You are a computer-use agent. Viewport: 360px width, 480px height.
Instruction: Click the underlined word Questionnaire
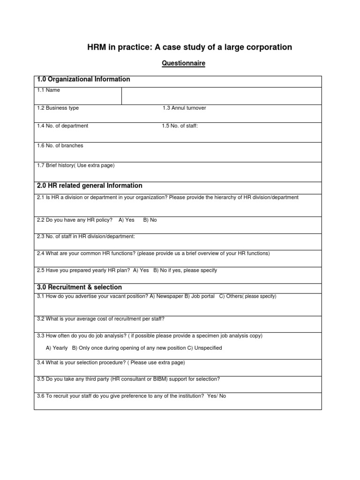coord(184,63)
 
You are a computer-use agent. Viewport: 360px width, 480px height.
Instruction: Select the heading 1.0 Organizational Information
coord(83,80)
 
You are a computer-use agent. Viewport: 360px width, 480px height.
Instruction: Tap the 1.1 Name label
coord(48,90)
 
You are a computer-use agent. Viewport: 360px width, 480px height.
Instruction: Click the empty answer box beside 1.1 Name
coord(221,96)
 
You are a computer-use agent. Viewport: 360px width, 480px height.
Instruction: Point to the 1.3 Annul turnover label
coord(184,108)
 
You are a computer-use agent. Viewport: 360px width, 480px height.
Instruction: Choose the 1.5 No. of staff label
coord(180,126)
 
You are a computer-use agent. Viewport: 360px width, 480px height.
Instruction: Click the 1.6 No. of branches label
coord(60,145)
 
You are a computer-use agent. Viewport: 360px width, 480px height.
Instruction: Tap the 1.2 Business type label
coord(58,108)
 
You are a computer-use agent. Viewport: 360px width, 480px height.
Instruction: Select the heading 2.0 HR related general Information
coord(90,186)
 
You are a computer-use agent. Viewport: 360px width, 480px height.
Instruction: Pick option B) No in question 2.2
coord(150,220)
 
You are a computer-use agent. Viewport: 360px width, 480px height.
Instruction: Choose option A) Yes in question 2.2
coord(127,220)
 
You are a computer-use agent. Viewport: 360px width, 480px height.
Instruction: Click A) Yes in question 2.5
coord(141,270)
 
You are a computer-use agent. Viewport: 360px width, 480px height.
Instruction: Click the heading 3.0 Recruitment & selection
coord(79,287)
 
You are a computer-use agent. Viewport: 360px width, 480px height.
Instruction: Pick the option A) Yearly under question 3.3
coord(57,348)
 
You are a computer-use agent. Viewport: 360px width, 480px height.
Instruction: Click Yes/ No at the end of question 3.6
coord(217,396)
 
